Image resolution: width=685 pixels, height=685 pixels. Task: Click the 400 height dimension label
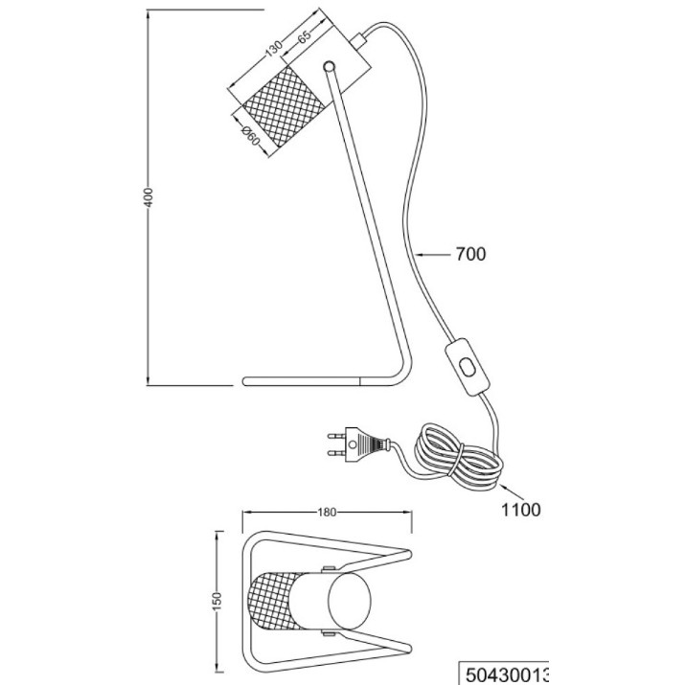(148, 197)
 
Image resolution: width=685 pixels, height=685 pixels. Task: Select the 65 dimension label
(304, 35)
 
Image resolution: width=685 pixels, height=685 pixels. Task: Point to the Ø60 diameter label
(250, 136)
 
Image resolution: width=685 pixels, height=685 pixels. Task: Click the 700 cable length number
(470, 254)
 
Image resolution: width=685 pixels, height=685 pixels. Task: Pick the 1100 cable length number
(520, 510)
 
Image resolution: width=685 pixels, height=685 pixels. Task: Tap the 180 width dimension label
(327, 512)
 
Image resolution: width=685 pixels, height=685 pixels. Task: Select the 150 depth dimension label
(218, 601)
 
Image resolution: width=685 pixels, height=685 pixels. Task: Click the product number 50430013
(506, 674)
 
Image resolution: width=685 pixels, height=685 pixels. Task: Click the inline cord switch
(468, 367)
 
